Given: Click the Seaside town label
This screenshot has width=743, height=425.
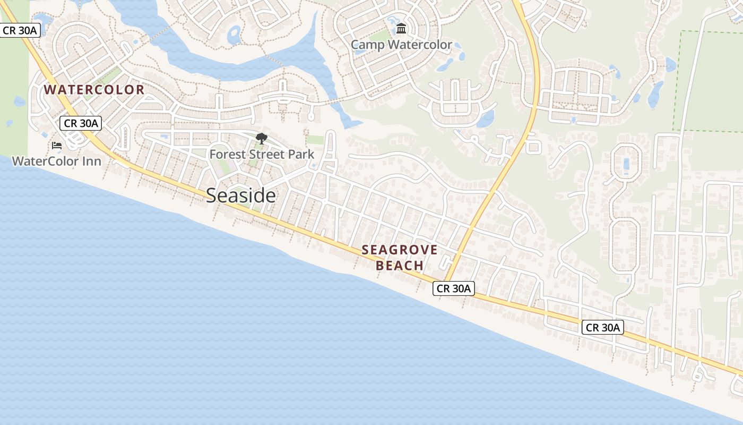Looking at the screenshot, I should [241, 195].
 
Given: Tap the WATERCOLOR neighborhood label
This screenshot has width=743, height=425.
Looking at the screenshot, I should [94, 89].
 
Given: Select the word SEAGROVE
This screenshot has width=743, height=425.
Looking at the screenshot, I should [400, 250].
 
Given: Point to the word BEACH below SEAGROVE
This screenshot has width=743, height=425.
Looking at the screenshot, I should [400, 265].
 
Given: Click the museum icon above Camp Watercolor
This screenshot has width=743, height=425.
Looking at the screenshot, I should [401, 28].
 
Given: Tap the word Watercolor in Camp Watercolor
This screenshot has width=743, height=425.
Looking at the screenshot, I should [419, 45].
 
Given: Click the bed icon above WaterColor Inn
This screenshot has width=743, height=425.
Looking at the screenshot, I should [57, 146].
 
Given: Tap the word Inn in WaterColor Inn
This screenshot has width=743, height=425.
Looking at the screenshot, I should [91, 161].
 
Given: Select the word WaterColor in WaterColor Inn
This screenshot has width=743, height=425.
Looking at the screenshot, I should [45, 161].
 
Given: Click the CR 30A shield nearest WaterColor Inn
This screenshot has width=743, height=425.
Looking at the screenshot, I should [80, 123].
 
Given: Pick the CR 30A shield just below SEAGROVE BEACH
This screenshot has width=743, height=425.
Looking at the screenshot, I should [453, 288].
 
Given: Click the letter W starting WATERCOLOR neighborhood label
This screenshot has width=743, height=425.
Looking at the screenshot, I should [50, 89].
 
